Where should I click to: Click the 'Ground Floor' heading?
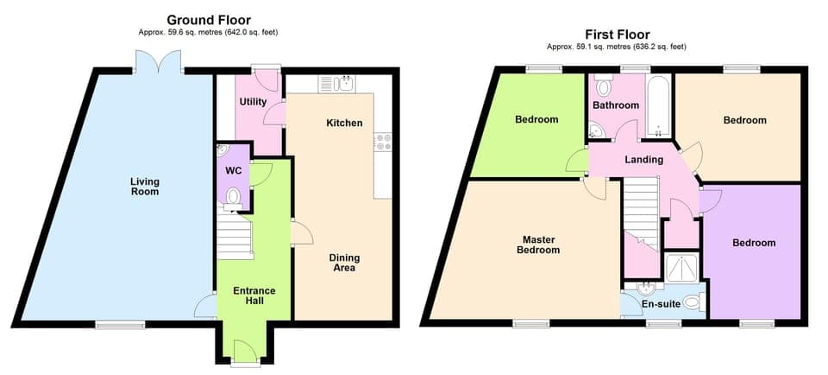[x=208, y=19]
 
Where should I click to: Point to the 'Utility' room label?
[x=253, y=102]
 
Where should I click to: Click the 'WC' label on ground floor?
[x=233, y=170]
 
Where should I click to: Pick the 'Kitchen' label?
[x=344, y=124]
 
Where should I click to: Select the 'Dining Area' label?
[x=344, y=263]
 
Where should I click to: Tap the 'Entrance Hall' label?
[x=254, y=296]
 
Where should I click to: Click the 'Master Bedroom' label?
[x=538, y=245]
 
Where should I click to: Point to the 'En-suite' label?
[x=662, y=304]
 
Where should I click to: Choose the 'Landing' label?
[x=643, y=160]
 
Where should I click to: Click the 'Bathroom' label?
[x=616, y=105]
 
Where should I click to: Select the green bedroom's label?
[x=536, y=119]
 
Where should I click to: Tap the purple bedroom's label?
[x=753, y=243]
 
